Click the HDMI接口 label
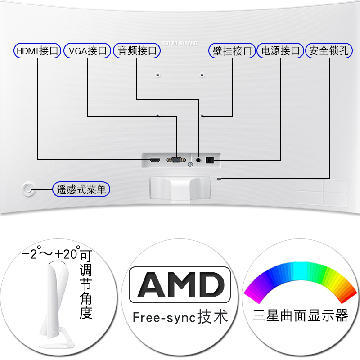coord(38,50)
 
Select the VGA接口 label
coord(87,50)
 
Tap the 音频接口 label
coord(136,50)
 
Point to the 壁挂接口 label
coord(232,50)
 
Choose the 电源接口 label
coord(280,50)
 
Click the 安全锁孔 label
coord(329,50)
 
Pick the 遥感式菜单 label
coord(81,189)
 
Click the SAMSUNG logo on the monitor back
coord(180,43)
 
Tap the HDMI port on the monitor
coord(155,160)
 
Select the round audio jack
coord(198,158)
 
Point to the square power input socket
coord(209,160)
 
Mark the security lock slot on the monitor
coord(219,179)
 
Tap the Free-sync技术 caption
coord(180,316)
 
